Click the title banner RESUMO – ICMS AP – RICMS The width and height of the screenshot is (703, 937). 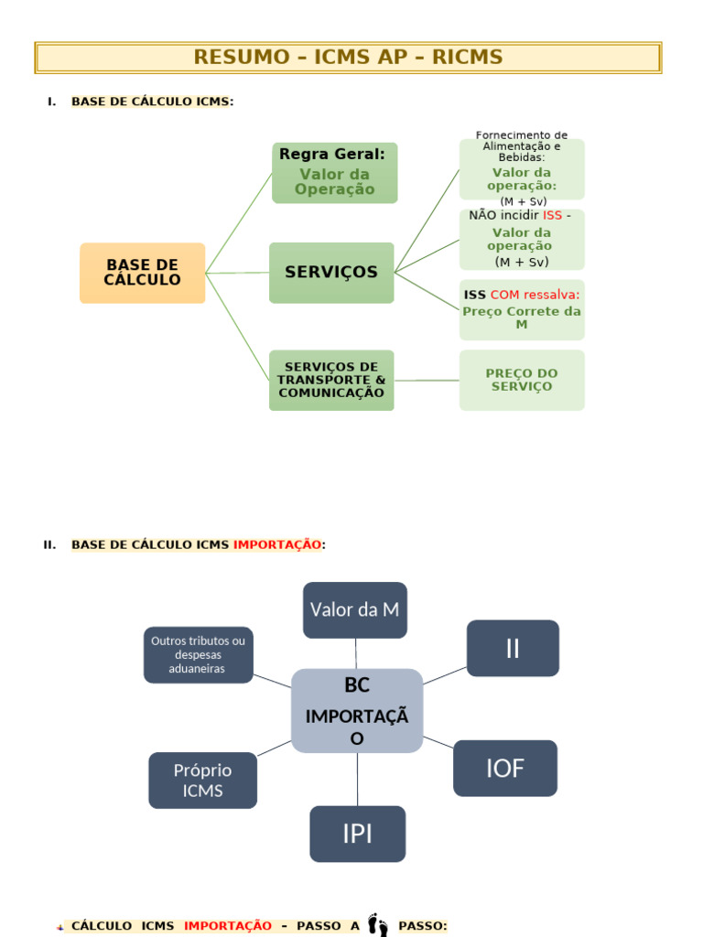click(x=348, y=58)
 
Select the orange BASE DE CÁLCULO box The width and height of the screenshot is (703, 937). click(x=142, y=273)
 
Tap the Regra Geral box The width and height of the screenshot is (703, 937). click(x=334, y=173)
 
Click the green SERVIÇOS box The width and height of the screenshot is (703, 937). click(x=331, y=273)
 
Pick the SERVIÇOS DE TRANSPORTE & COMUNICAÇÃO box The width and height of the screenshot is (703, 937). click(x=331, y=380)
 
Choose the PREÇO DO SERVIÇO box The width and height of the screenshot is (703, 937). click(x=522, y=380)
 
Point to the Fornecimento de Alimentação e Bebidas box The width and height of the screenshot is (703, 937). click(x=522, y=168)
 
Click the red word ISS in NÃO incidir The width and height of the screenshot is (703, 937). click(x=552, y=216)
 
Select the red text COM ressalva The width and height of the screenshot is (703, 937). click(x=535, y=295)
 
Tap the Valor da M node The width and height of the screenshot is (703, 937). click(x=355, y=609)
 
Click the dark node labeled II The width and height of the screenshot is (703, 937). click(x=513, y=648)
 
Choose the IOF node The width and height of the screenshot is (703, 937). click(x=505, y=768)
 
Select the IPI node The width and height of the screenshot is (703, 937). click(x=357, y=834)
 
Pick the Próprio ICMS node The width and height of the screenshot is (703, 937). click(x=202, y=781)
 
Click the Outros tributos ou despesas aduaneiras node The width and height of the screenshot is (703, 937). click(x=198, y=655)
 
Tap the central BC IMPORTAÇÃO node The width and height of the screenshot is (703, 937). click(x=357, y=711)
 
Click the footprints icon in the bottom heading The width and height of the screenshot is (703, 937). click(x=377, y=925)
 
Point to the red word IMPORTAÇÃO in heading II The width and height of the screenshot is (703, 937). click(x=276, y=545)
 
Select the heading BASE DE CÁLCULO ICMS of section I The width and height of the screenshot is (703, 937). click(x=150, y=102)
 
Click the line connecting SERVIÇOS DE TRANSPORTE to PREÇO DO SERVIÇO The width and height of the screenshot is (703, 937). click(x=427, y=380)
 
